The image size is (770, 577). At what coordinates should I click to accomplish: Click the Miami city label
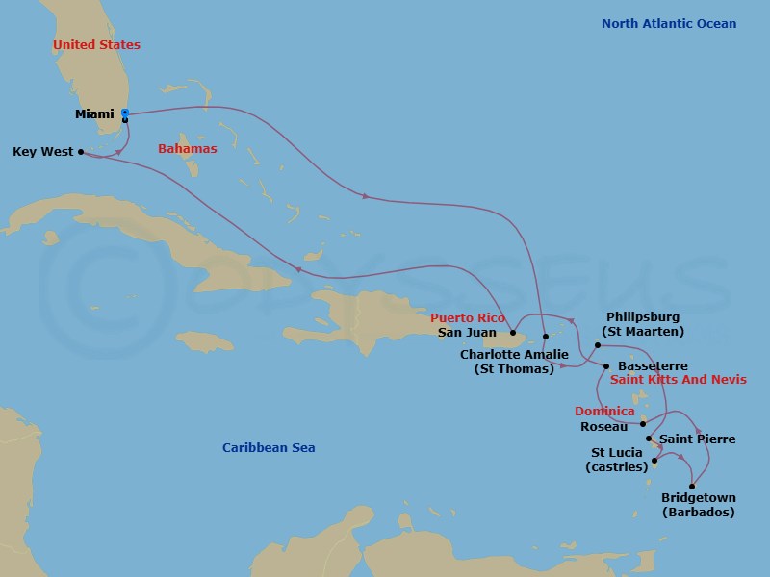coord(93,114)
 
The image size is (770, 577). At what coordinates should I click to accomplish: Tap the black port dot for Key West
coord(81,151)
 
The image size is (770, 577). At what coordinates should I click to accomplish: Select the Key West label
coord(41,152)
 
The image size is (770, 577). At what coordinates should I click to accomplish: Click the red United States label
coord(96,45)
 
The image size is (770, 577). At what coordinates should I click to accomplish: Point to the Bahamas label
coord(187,149)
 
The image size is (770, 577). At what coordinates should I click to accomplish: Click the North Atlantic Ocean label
coord(669,24)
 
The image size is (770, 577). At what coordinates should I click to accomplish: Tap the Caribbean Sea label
coord(269,448)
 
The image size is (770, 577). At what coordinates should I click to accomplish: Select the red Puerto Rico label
coord(468,317)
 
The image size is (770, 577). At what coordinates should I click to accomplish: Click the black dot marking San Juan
coord(513,333)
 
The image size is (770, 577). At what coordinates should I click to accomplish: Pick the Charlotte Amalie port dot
coord(545,336)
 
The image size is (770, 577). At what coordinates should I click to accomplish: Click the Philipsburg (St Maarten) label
coord(643,324)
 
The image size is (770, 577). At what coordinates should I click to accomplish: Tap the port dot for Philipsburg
coord(598,344)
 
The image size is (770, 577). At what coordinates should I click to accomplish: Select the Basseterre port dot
coord(606,366)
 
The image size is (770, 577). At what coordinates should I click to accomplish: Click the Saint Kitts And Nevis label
coord(679,380)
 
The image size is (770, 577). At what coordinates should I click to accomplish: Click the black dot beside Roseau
coord(643,423)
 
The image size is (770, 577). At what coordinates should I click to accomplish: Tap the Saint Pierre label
coord(697,439)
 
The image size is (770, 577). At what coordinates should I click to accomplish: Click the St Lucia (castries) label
coord(617,461)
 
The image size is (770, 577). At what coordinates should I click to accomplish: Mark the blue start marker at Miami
coord(125,113)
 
